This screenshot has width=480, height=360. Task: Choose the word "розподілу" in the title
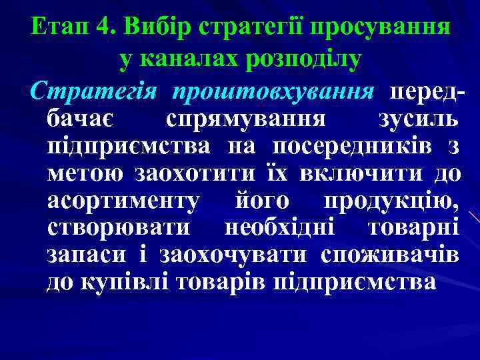coord(303,59)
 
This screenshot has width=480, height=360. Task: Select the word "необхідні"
coord(284,229)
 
